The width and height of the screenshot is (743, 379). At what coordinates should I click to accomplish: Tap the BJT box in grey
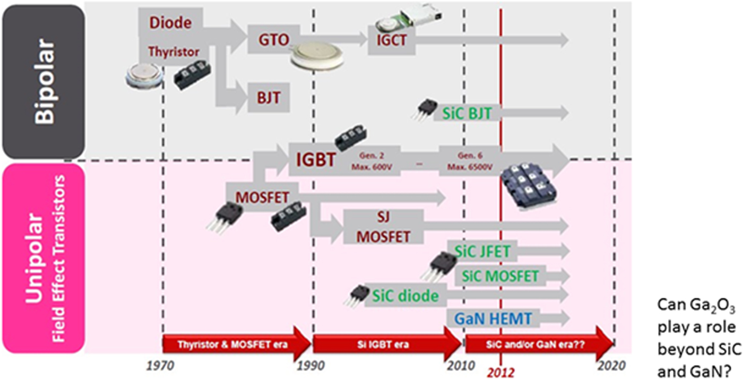(x=269, y=98)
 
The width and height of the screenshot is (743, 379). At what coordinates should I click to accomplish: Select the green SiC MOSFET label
(x=499, y=276)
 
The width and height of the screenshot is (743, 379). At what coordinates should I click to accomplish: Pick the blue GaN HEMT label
(x=493, y=318)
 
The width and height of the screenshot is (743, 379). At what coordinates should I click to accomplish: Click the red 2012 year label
(x=500, y=373)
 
